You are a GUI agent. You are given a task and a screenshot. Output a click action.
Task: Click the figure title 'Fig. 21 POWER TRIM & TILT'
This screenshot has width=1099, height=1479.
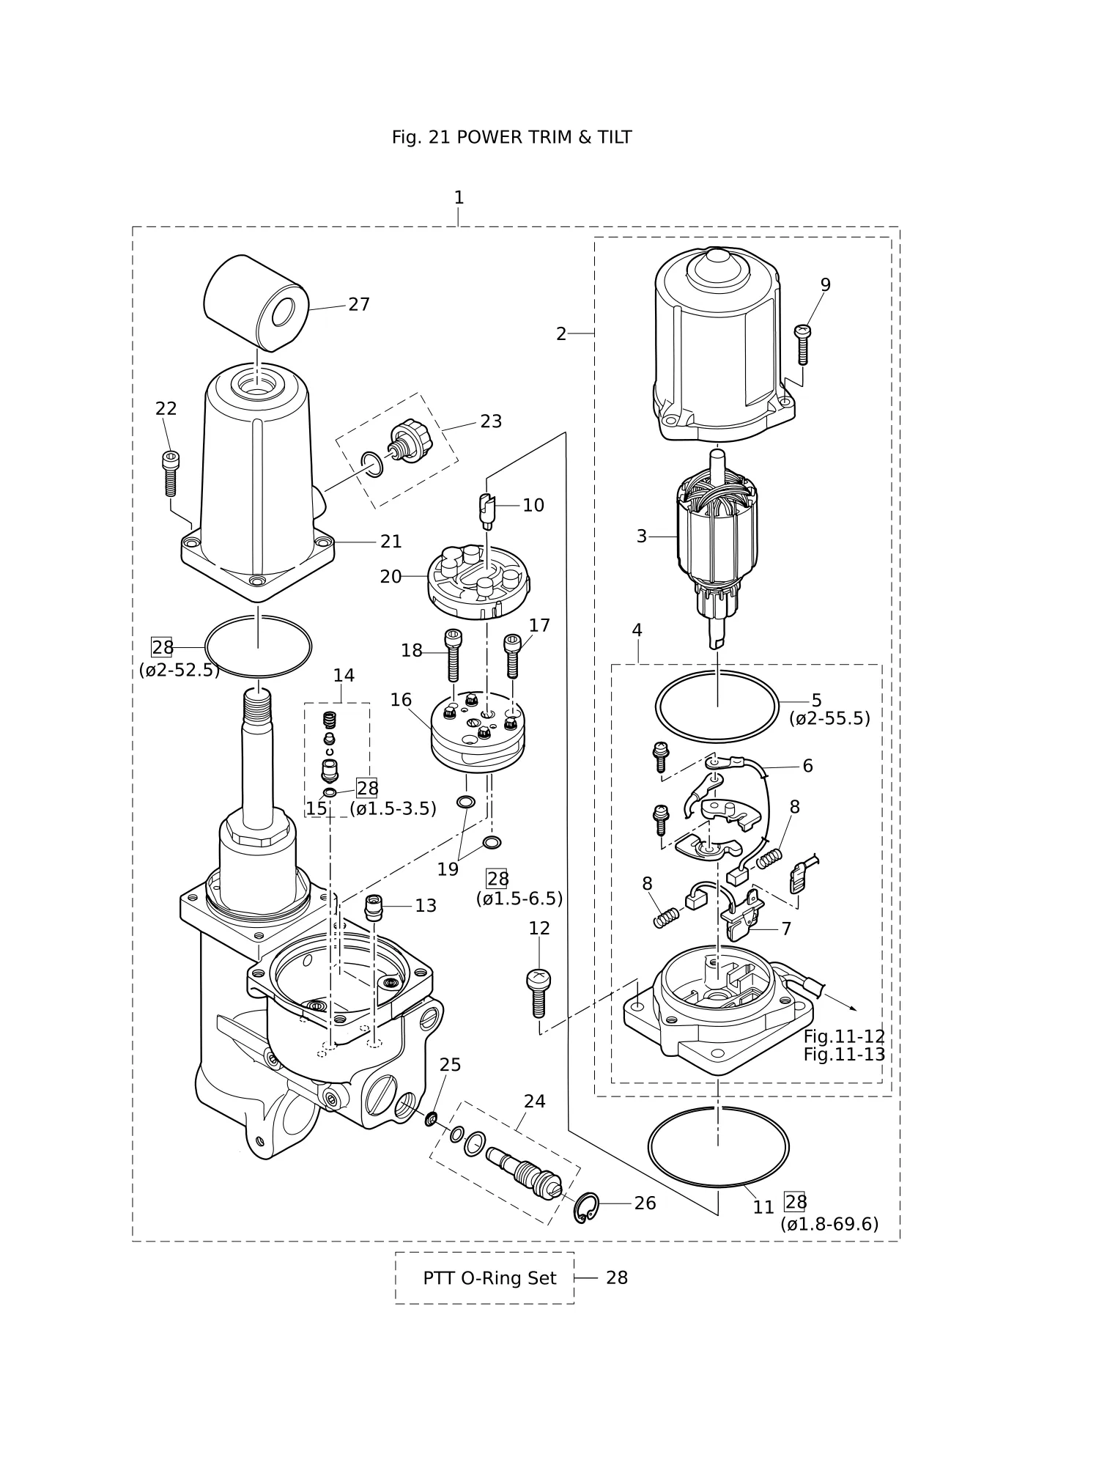pos(511,137)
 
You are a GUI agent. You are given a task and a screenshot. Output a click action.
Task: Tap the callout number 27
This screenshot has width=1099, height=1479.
pos(359,304)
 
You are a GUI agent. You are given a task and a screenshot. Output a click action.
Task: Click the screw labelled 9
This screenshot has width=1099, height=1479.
pos(802,344)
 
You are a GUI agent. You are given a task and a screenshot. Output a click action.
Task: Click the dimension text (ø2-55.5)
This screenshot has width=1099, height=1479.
pos(829,718)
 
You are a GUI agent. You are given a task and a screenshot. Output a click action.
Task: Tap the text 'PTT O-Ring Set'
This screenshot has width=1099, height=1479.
pos(489,1278)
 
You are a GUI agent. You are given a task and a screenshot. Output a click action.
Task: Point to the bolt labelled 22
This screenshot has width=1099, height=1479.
pos(169,473)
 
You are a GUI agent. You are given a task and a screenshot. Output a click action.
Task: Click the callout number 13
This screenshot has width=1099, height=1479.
pos(426,906)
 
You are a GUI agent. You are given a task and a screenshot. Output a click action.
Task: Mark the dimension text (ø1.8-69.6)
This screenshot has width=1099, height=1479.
pos(829,1224)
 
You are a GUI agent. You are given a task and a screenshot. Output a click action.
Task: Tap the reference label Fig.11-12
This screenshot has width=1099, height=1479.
pos(844,1036)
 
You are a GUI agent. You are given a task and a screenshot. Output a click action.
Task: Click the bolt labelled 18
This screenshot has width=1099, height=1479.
pos(453,654)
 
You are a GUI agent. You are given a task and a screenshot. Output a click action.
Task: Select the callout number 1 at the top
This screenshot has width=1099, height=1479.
pos(459,197)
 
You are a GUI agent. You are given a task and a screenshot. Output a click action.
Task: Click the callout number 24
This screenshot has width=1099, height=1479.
pos(535,1101)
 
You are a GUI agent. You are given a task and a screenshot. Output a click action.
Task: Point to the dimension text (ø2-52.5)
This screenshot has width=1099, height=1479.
pos(180,670)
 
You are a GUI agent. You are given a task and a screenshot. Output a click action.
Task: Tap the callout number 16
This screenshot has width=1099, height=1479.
pos(401,700)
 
